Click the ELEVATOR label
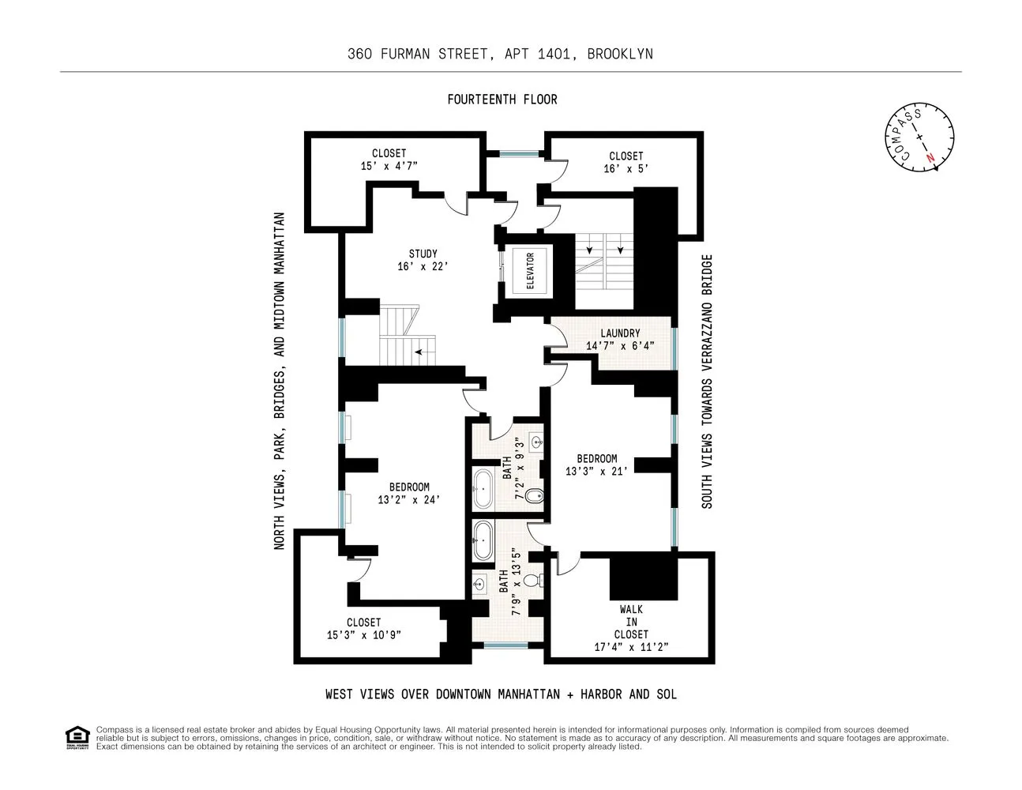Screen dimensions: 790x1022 coord(530,271)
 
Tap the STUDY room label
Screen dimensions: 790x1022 coord(423,254)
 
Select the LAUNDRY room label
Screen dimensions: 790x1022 coord(620,333)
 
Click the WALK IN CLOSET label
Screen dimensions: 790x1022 coord(631,622)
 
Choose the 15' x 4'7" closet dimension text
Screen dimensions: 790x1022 coord(389,166)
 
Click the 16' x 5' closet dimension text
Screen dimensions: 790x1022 coord(626,168)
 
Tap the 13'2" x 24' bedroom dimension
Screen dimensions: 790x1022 coord(409,499)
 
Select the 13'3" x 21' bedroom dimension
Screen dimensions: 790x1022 coord(596,471)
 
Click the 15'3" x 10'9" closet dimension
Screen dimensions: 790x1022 coord(364,634)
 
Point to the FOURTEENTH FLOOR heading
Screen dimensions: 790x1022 coord(502,100)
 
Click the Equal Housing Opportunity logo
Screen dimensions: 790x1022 coord(77,737)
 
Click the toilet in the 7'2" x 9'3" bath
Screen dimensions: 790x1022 coord(534,497)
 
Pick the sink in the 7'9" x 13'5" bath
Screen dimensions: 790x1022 coord(479,585)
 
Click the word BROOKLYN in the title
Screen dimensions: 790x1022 coord(620,54)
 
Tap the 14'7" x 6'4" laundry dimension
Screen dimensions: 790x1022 coord(620,345)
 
